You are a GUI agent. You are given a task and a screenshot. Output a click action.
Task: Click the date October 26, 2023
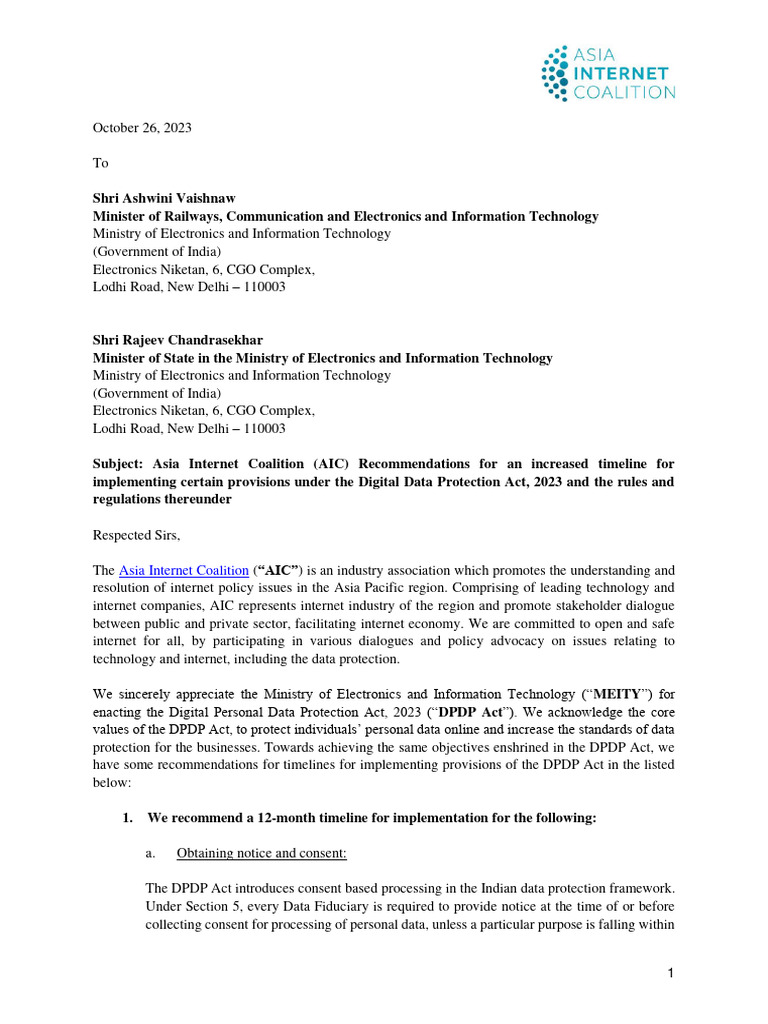[142, 127]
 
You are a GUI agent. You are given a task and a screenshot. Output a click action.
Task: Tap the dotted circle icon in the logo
[555, 74]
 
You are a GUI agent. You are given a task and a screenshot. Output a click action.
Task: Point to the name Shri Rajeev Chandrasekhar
[178, 340]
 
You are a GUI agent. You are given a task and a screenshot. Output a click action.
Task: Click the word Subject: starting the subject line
[119, 464]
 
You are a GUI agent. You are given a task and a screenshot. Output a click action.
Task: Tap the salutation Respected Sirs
[136, 535]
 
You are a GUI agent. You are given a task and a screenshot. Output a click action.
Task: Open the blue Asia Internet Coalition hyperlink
[183, 570]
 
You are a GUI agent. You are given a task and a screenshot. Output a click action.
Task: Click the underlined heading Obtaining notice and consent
[261, 853]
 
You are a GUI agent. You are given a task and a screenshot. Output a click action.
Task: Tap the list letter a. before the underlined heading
[151, 853]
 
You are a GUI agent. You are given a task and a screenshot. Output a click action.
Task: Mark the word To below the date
[100, 162]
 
